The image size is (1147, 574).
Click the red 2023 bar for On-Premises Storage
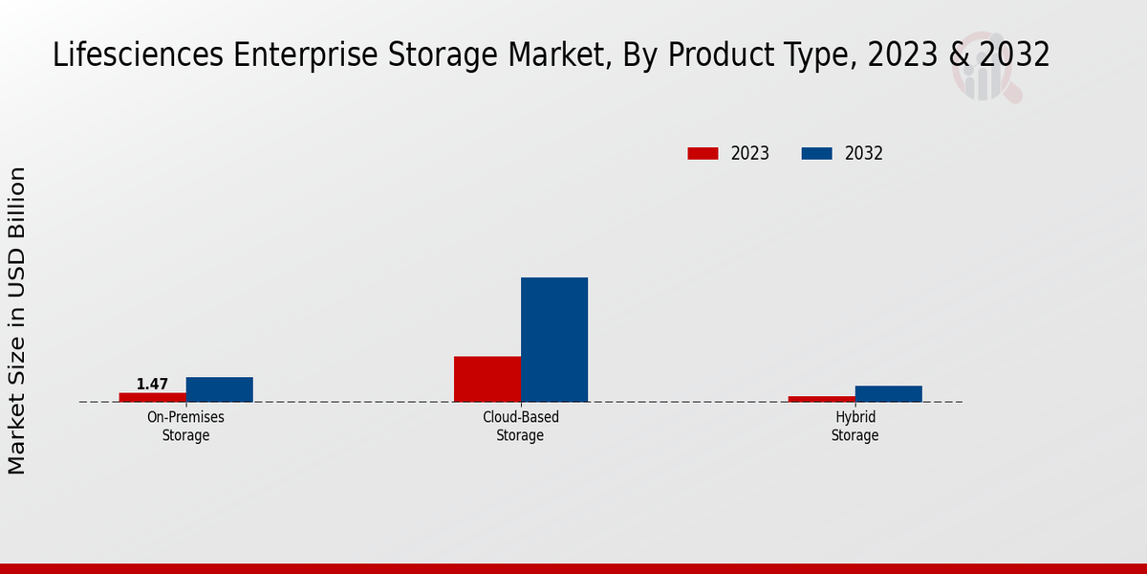coord(152,397)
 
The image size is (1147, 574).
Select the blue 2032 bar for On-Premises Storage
coord(219,389)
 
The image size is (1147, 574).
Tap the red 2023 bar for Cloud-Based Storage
coord(487,379)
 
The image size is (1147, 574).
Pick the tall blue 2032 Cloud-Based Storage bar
coord(554,340)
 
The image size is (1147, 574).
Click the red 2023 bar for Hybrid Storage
coord(821,399)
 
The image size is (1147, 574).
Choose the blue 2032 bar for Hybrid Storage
coord(888,393)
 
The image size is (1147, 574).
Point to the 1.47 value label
coord(152,385)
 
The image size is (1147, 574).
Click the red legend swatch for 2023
coord(703,153)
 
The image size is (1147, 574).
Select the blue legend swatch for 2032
coord(816,153)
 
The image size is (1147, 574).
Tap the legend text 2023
coord(750,153)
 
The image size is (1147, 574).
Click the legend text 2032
coord(864,153)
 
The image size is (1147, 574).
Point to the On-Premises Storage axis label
coord(185,427)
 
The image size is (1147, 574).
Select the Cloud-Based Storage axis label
coord(520,427)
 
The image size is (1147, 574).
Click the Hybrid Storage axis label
coord(855,427)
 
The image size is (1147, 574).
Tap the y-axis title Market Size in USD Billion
coord(17,320)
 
